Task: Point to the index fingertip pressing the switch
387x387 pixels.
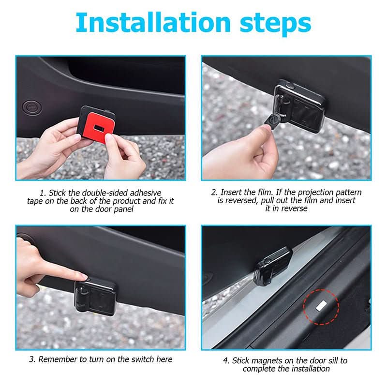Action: [x=84, y=277]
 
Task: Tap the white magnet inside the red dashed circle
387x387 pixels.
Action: [x=321, y=306]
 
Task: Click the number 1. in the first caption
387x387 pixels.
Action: [x=43, y=193]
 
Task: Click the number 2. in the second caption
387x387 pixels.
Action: [x=214, y=193]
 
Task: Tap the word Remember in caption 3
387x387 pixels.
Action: [x=56, y=359]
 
